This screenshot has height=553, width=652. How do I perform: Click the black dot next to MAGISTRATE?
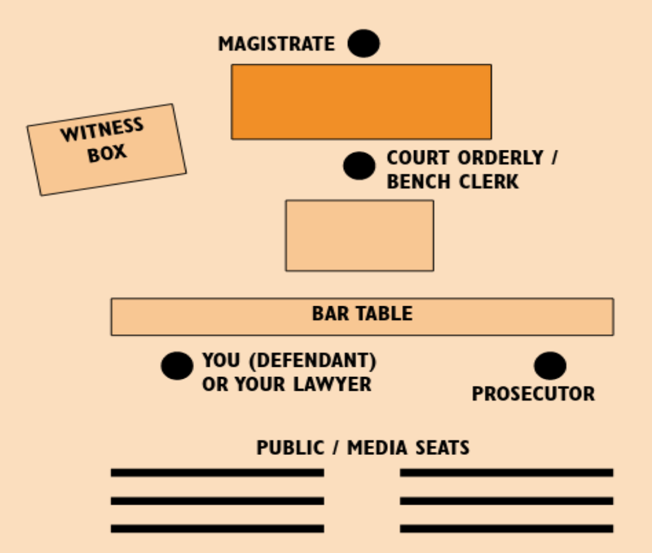tap(363, 43)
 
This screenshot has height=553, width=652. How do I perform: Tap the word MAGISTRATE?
tap(276, 44)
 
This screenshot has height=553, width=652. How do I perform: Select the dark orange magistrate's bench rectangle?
tap(361, 102)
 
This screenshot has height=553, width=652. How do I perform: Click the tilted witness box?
tap(106, 150)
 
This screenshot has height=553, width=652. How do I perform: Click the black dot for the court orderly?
tap(359, 166)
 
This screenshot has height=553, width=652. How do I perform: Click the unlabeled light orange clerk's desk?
tap(359, 235)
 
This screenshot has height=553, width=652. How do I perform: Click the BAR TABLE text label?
tap(362, 314)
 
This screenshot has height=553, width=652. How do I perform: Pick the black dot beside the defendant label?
tap(177, 365)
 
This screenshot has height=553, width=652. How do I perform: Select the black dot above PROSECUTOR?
tap(550, 366)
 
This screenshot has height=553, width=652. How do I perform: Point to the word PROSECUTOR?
tap(533, 394)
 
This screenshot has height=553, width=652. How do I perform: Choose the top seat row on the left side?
tap(217, 473)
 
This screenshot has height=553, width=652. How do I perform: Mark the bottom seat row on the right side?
tap(506, 529)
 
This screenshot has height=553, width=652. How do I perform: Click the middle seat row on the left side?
tap(217, 501)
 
